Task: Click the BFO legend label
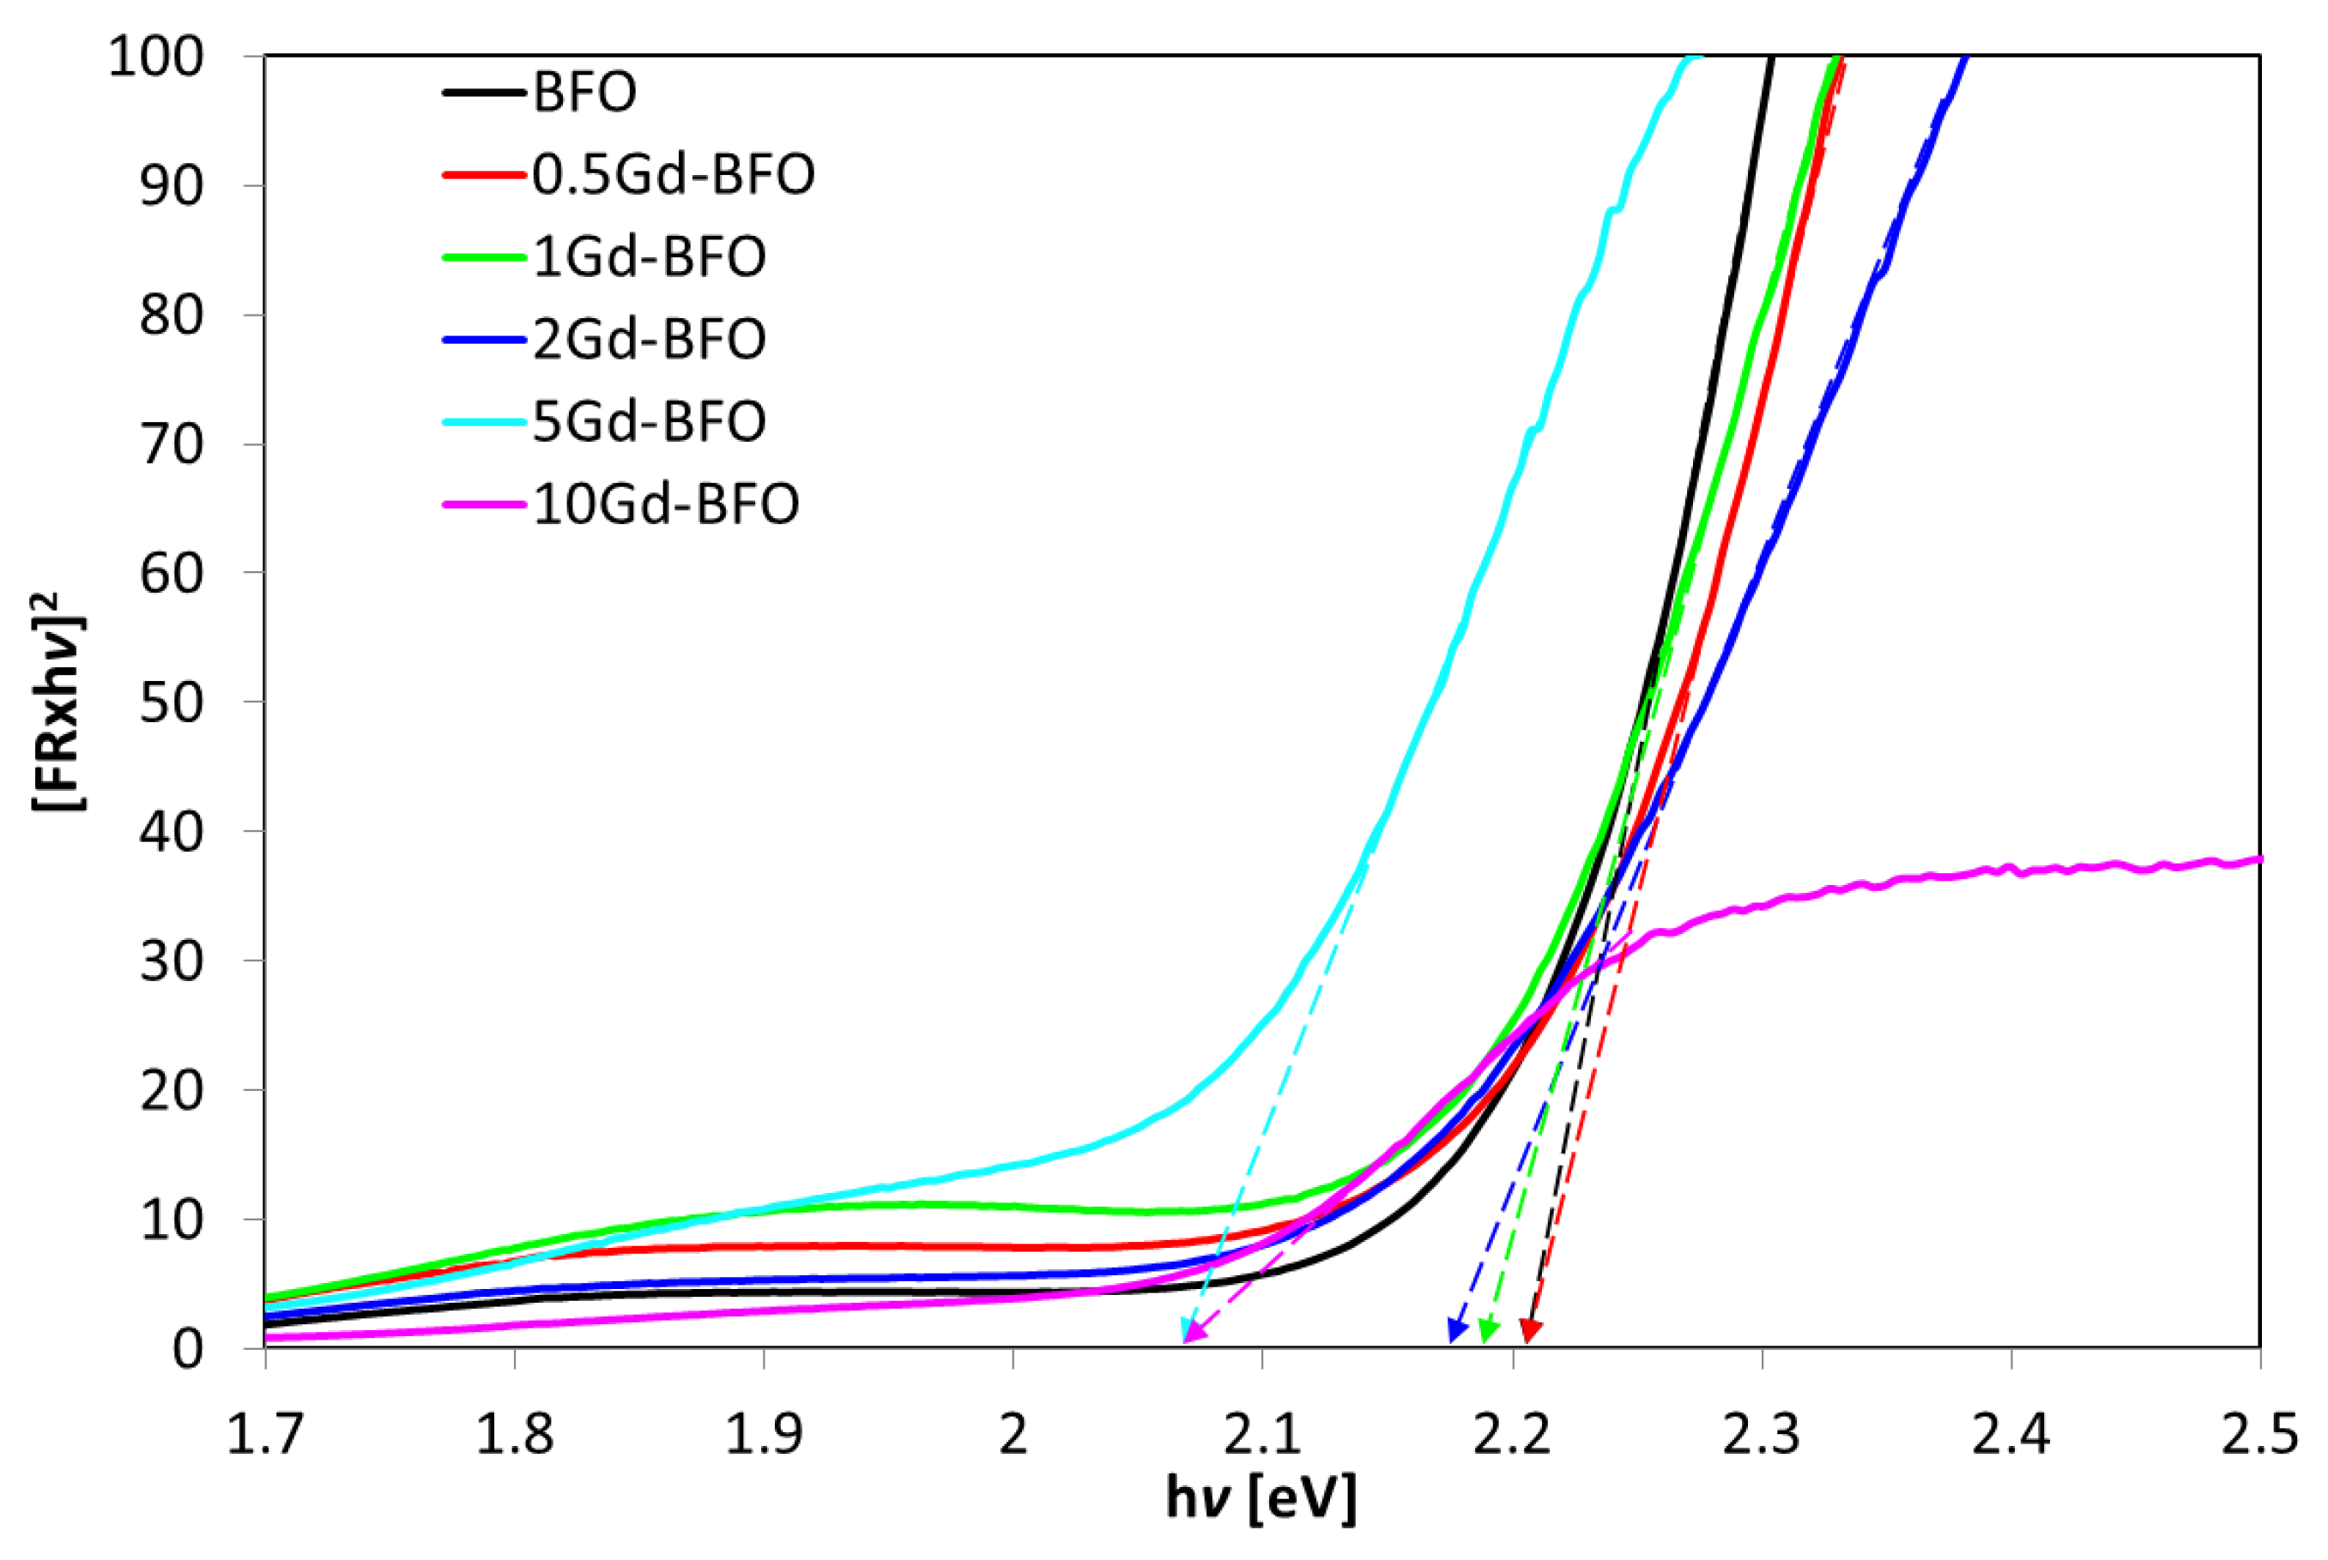584,93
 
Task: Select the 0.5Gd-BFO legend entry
673,175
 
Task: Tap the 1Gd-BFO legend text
649,256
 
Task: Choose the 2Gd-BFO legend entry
649,340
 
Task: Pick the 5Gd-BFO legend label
649,422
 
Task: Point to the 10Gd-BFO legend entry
665,504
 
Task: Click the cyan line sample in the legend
484,422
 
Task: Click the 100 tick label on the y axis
155,57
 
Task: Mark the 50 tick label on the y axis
172,702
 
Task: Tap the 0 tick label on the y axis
187,1350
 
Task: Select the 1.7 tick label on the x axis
265,1436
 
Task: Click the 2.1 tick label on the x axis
1262,1436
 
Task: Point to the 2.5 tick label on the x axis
2259,1436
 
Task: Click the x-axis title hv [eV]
1261,1498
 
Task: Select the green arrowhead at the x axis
1487,1331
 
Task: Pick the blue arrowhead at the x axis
1455,1330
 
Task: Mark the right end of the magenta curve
2258,858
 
